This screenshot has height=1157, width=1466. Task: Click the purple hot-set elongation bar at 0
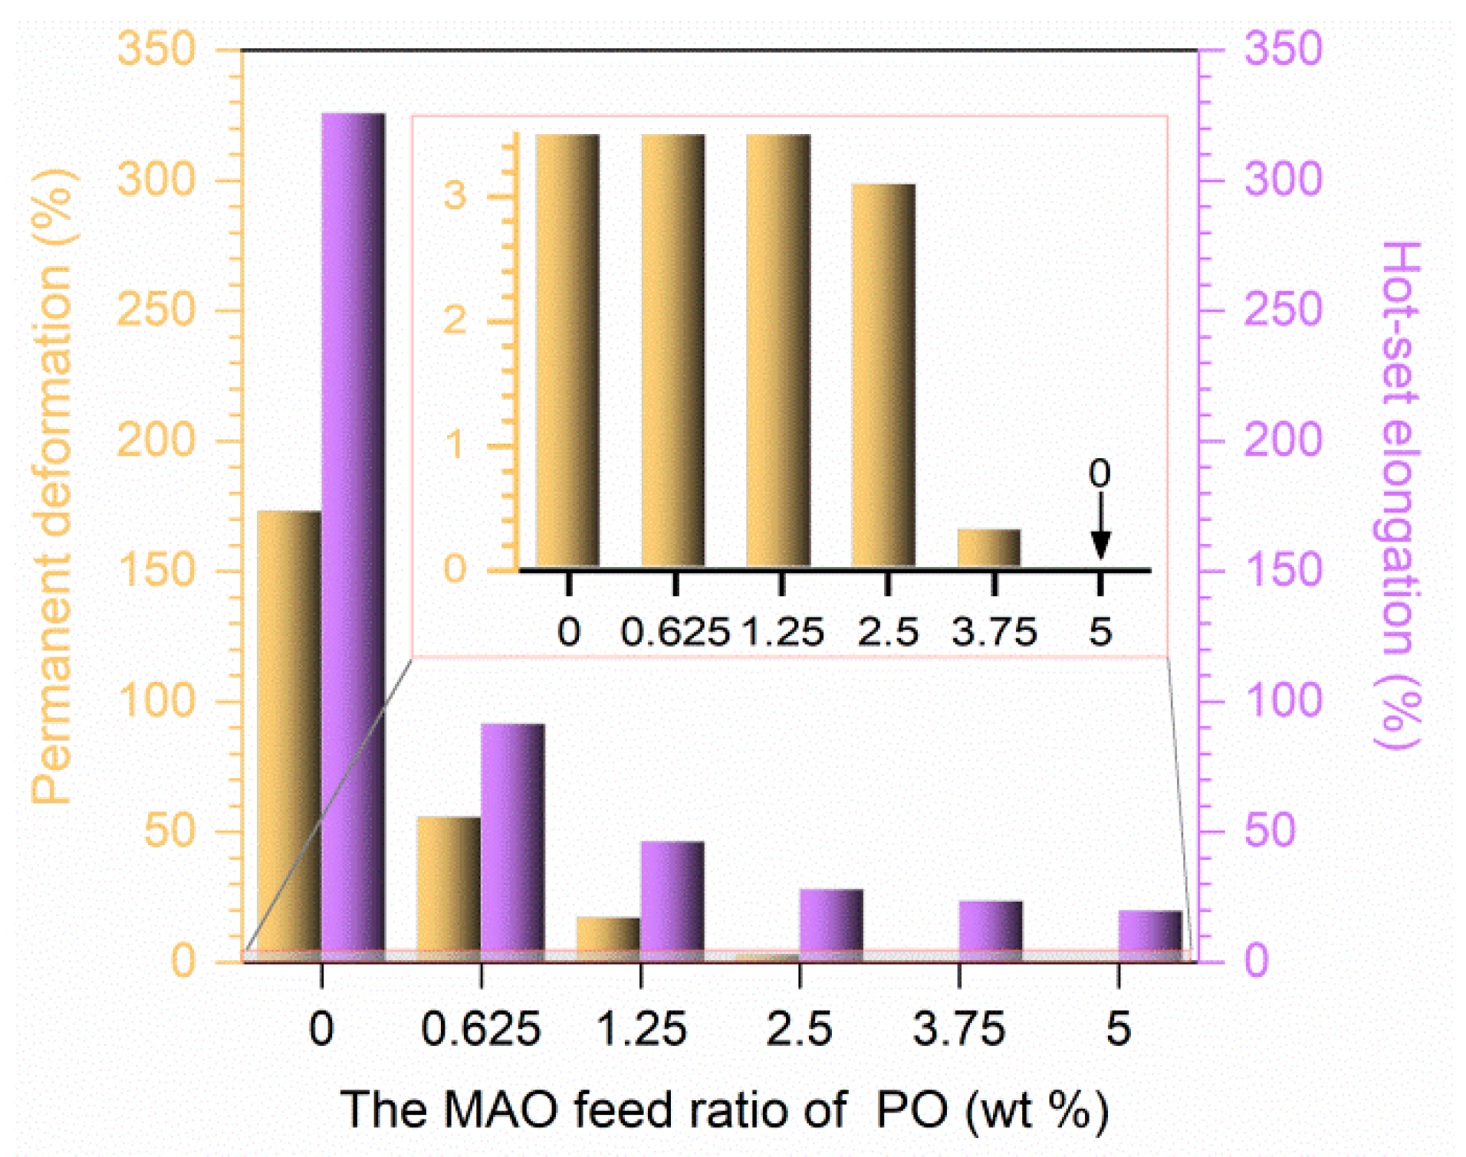(x=353, y=536)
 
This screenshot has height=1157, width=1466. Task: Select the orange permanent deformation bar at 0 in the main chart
(x=288, y=736)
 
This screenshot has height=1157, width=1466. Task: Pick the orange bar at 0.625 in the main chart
(x=449, y=889)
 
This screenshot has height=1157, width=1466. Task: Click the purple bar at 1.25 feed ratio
(x=672, y=900)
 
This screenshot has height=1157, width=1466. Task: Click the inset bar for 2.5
(x=883, y=375)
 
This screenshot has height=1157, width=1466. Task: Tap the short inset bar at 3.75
(x=989, y=548)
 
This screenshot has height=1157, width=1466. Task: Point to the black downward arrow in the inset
(x=1101, y=529)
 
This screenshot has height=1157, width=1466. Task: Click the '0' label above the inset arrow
(x=1100, y=474)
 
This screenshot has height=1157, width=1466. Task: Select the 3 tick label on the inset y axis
(x=455, y=195)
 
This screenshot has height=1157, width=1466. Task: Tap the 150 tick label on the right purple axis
(x=1283, y=571)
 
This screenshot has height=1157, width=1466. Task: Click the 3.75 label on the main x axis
(x=958, y=1029)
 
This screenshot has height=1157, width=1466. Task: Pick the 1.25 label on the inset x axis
(x=782, y=632)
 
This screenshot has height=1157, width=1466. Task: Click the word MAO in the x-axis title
(x=501, y=1109)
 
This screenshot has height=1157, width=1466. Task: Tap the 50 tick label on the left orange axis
(x=170, y=831)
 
